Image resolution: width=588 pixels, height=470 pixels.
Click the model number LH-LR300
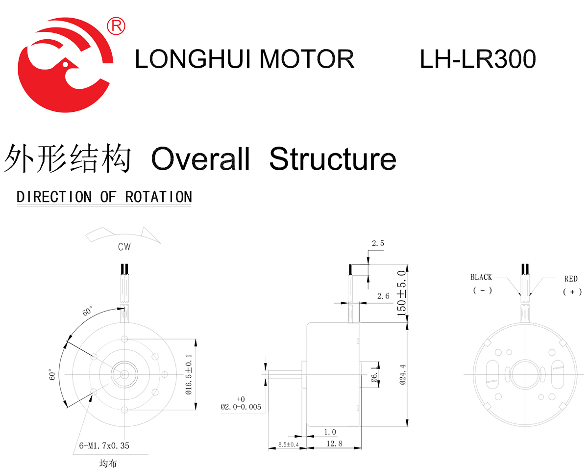478,60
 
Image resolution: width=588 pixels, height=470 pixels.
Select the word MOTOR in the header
307,60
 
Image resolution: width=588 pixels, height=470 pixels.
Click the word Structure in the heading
333,158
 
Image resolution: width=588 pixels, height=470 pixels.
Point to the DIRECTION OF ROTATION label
104,197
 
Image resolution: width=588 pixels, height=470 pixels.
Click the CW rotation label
124,247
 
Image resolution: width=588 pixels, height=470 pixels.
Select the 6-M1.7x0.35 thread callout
104,446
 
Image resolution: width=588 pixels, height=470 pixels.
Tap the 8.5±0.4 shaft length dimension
288,444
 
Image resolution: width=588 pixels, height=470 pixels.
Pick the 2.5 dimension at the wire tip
378,243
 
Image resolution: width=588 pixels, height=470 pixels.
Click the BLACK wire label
481,277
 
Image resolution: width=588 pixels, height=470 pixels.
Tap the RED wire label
571,279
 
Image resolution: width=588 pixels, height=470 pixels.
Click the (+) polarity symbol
572,291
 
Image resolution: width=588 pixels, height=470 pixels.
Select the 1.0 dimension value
330,432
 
